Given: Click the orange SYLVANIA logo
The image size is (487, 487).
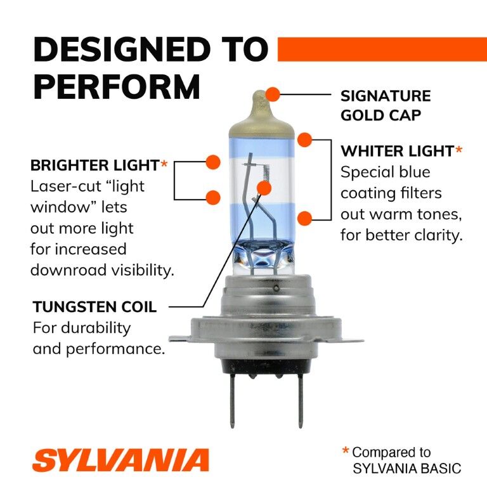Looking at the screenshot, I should click(120, 460).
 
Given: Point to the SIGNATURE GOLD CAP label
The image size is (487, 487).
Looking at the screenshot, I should click(386, 106).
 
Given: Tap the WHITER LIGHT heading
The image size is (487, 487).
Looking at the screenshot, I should click(397, 151).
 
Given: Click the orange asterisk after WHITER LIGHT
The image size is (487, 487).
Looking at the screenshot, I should click(459, 150).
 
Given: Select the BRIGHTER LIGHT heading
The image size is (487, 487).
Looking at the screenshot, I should click(94, 166).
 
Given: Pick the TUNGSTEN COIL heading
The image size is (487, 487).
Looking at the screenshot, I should click(94, 308).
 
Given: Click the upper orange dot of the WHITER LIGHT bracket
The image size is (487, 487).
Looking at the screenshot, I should click(305, 139).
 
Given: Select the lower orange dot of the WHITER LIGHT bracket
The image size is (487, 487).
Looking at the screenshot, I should click(305, 219).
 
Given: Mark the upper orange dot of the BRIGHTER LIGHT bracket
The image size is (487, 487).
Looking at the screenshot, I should click(213, 162).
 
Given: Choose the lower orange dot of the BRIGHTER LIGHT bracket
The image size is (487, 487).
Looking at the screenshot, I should click(213, 197).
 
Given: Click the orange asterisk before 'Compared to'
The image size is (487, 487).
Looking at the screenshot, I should click(346, 451).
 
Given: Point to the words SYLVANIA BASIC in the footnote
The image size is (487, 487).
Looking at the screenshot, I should click(406, 469).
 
